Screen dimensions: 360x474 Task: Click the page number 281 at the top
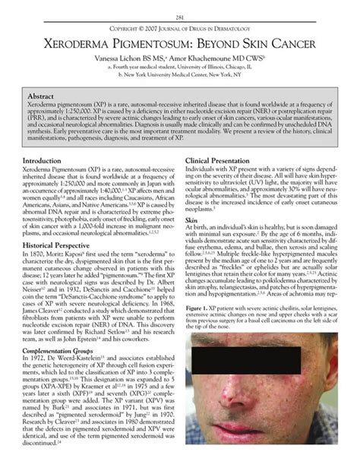point(180,17)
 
